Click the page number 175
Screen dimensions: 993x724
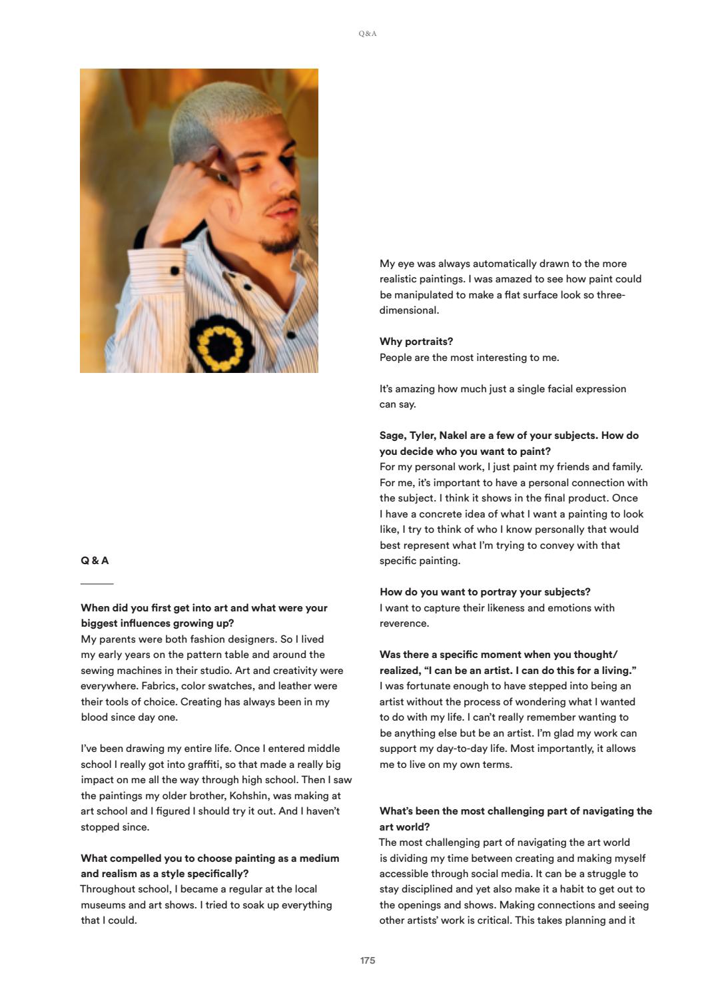coord(368,960)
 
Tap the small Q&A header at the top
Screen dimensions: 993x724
coord(368,33)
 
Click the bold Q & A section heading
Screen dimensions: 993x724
coord(95,561)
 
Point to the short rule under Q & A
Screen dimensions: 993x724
coord(97,584)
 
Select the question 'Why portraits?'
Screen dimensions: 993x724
coord(416,342)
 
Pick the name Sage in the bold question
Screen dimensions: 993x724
coord(393,436)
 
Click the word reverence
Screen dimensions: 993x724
coord(404,623)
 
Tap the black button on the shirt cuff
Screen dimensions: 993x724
coord(175,270)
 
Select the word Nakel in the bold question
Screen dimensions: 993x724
coord(454,436)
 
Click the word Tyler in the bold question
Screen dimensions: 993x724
coord(422,436)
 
